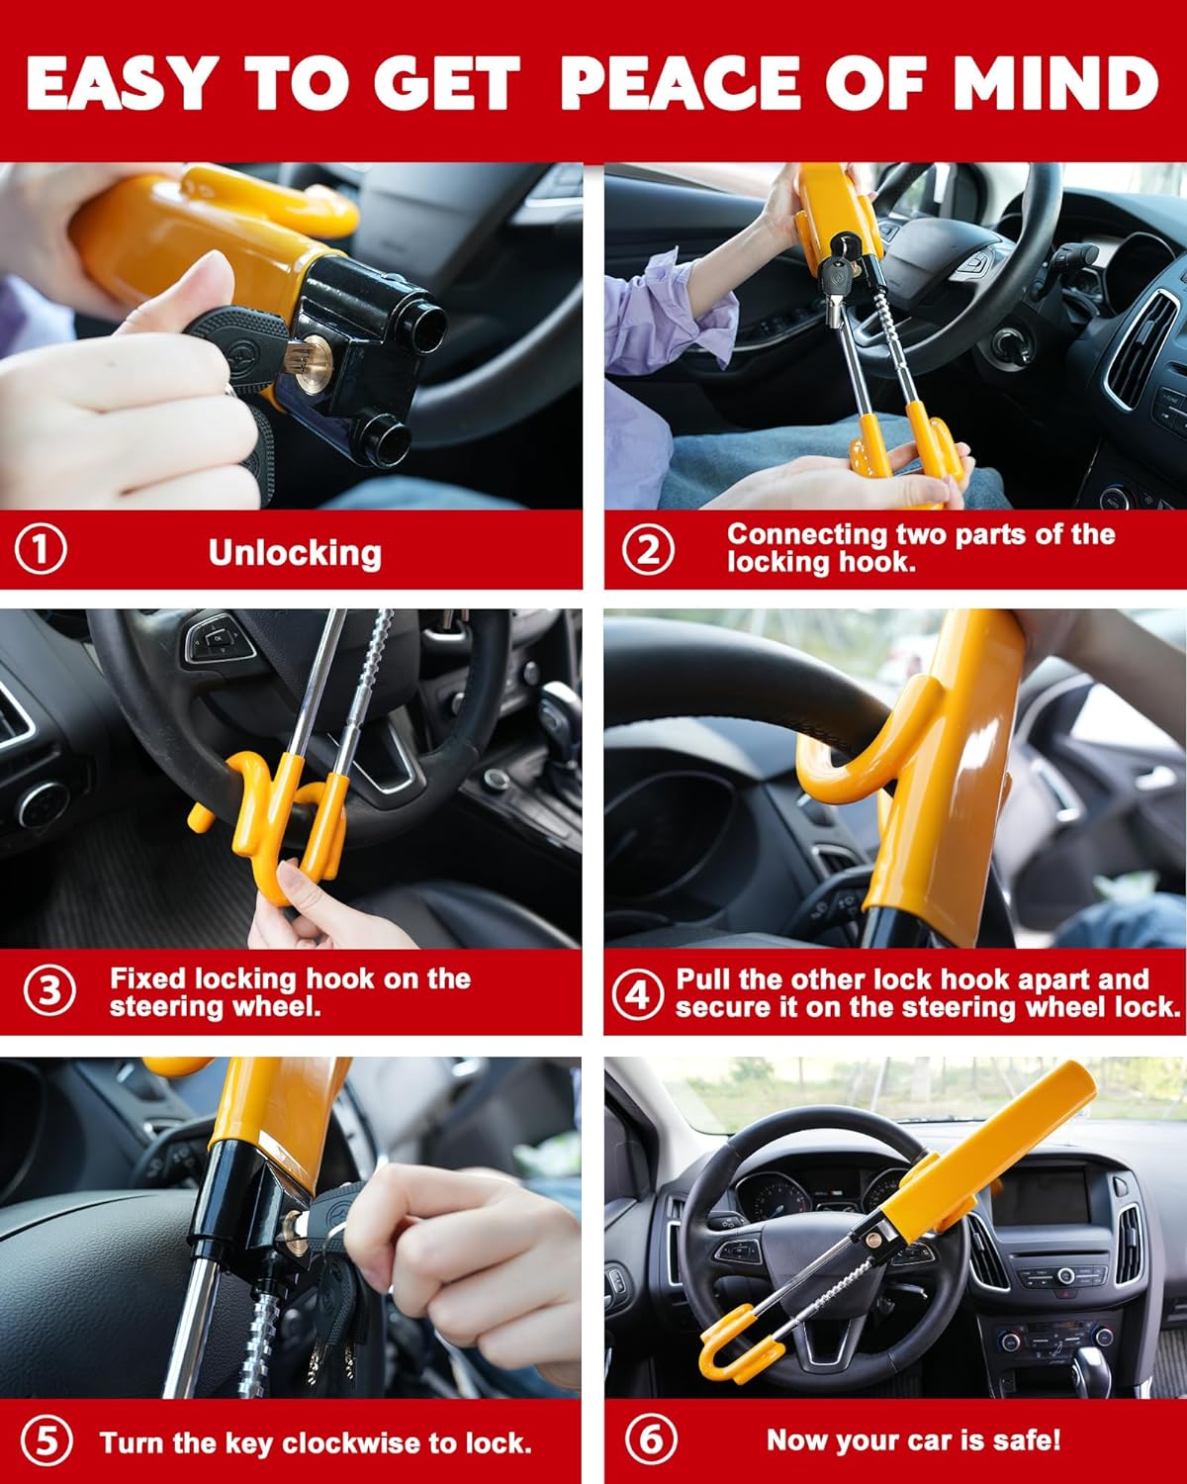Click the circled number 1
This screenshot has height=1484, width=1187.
[41, 549]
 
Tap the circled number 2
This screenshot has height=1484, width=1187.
[649, 549]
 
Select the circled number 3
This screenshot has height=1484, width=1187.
[48, 991]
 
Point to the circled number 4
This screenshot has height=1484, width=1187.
[637, 993]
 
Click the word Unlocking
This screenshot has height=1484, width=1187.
[295, 553]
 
